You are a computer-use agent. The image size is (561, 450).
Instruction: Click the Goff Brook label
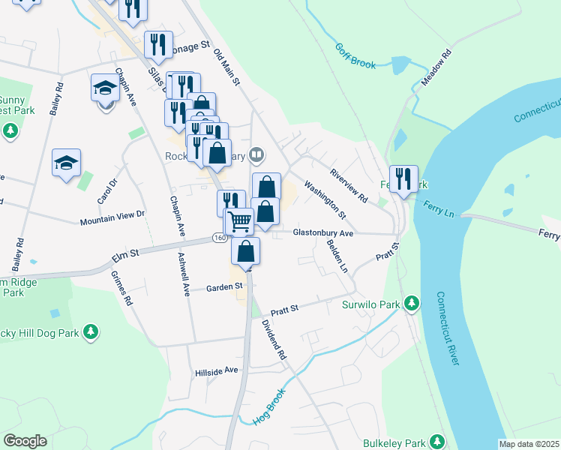tap(355, 56)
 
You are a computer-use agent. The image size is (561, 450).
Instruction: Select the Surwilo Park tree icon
tap(411, 304)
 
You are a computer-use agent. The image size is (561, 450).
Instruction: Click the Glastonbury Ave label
tap(322, 233)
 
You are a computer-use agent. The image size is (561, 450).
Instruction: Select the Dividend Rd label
tap(274, 338)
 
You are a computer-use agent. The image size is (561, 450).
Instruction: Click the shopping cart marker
tap(239, 221)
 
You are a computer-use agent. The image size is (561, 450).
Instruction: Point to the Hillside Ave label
tap(216, 370)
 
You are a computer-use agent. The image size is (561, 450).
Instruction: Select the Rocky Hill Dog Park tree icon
tap(91, 331)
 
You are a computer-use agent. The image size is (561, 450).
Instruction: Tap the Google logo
tap(25, 441)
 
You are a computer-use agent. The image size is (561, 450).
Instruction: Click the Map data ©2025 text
tap(529, 444)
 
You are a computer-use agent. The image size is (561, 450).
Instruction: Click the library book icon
tap(257, 155)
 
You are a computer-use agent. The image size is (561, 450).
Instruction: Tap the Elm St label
tap(126, 257)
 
